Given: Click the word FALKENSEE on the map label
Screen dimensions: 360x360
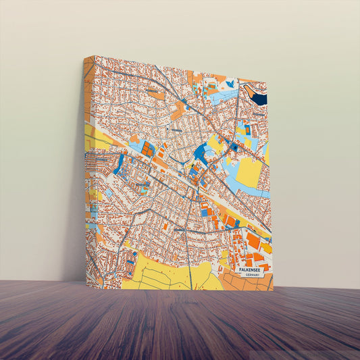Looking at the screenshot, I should point(253,269).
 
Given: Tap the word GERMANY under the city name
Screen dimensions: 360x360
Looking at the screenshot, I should point(253,276).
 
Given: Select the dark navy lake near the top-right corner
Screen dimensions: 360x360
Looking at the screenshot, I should point(257,95).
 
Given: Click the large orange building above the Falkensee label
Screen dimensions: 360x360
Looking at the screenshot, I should point(253,240).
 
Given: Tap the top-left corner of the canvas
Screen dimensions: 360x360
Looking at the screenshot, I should point(94,57).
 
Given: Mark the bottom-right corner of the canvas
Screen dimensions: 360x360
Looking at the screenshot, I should point(273,290).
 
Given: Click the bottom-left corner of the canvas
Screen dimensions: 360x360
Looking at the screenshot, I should point(86,286).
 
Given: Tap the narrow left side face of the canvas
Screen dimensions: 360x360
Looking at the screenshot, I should point(88,169).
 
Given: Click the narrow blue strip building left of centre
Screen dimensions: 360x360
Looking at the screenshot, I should point(120,164).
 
